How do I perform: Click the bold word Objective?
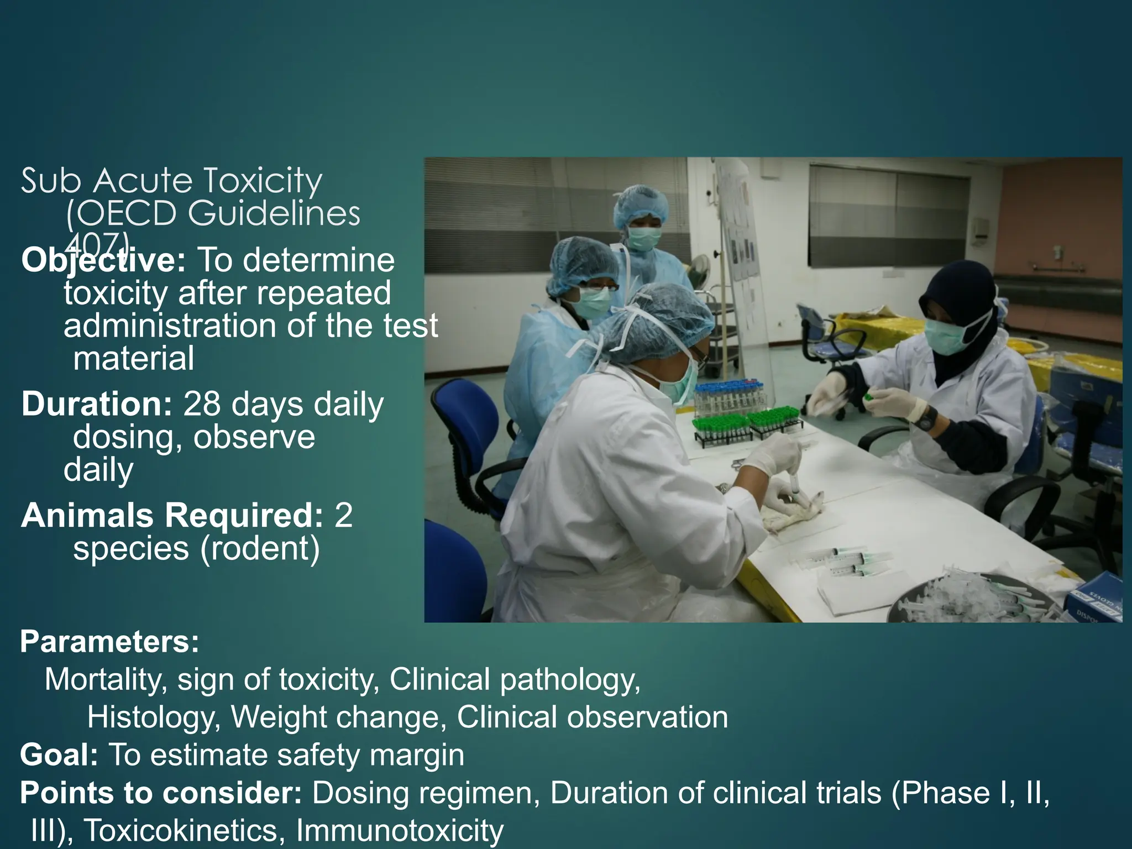click(103, 260)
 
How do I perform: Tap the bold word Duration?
click(97, 404)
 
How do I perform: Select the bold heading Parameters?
click(109, 642)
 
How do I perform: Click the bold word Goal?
click(59, 755)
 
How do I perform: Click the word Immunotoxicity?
click(400, 830)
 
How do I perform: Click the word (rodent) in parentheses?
click(260, 548)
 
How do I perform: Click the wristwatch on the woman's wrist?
click(928, 417)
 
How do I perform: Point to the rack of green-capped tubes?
click(746, 426)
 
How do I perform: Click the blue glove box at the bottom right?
click(1097, 600)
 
